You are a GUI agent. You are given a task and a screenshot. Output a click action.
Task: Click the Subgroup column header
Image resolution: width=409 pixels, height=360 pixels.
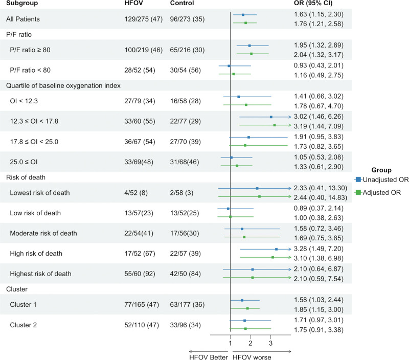point(22,3)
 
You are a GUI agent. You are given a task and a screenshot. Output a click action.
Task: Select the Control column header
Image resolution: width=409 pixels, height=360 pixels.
point(182,3)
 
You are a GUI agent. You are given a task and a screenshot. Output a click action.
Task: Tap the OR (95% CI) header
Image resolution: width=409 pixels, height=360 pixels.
point(313,3)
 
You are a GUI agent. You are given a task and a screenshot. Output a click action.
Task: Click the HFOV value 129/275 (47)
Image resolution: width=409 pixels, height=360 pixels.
point(144,19)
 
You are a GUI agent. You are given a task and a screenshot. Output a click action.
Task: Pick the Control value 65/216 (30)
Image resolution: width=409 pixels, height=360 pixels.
point(187,50)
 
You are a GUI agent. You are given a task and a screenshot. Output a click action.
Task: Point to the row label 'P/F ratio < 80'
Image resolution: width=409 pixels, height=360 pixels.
point(30,70)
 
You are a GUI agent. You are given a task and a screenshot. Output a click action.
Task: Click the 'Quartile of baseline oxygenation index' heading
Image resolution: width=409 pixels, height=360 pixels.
point(63,85)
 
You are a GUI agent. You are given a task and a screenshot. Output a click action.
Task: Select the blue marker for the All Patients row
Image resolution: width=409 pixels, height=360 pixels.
point(243,15)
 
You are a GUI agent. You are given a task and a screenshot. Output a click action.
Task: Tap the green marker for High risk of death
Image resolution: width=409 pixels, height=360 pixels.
point(272,257)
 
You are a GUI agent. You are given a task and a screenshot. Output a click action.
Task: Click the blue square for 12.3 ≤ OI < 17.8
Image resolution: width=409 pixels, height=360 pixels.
point(271,117)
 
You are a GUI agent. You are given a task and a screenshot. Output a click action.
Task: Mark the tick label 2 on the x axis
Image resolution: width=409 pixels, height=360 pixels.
point(251,343)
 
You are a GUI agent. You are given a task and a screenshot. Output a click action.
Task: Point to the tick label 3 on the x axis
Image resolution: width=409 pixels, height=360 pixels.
point(270,343)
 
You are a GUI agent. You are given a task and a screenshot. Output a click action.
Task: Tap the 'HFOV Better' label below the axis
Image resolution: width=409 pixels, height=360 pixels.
point(209,357)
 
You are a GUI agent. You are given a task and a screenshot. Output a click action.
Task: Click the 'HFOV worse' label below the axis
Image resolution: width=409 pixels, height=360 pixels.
point(252,357)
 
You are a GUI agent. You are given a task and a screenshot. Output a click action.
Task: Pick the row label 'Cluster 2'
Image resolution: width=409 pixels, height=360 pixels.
point(23,325)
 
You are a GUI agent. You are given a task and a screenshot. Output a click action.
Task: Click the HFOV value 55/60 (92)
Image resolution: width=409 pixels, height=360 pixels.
point(140,274)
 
